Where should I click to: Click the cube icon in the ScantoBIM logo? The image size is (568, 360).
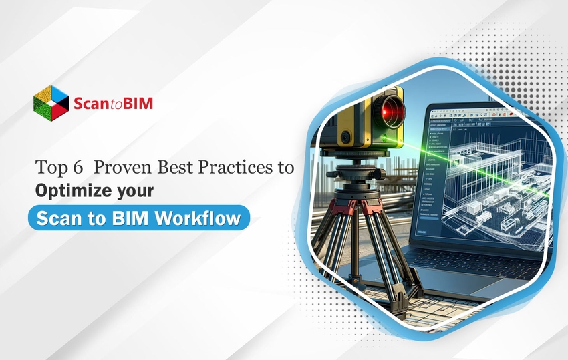51,102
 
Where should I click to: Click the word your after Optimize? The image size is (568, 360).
132,190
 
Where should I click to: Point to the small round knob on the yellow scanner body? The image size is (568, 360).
345,138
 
